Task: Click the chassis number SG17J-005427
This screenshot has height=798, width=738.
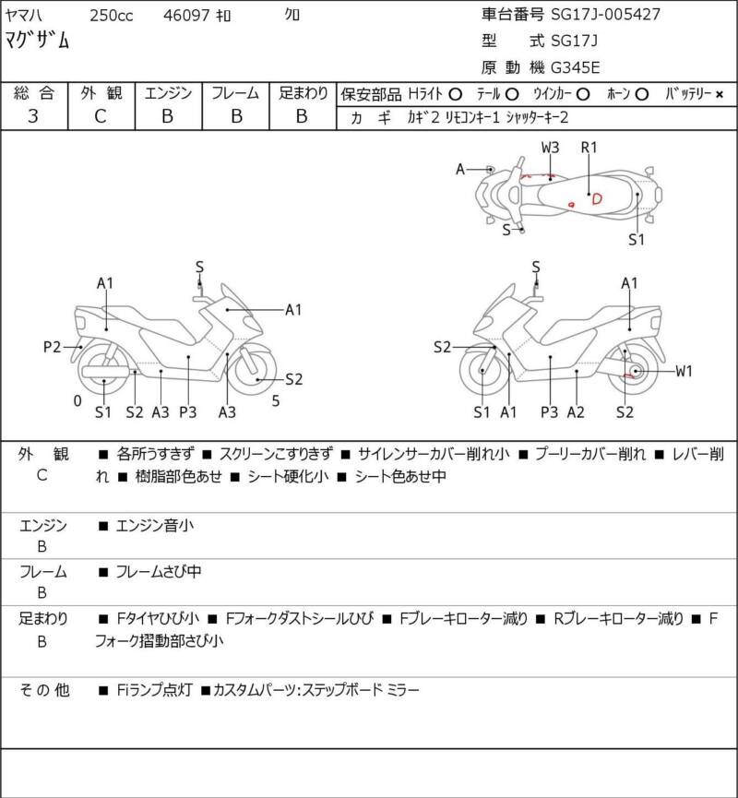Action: [606, 14]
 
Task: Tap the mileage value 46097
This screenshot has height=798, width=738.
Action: [185, 16]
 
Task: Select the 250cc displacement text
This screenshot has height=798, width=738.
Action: [112, 16]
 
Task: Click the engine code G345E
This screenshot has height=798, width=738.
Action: [576, 67]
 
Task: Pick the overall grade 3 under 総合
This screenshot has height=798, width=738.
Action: [33, 116]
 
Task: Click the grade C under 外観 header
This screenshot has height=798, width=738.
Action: [101, 116]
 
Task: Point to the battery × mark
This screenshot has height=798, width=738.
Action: [720, 94]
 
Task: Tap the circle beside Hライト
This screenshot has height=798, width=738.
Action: [455, 94]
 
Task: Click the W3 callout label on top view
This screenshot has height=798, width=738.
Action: [550, 148]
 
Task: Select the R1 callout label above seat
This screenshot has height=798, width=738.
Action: [589, 148]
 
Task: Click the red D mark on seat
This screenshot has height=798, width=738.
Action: [597, 198]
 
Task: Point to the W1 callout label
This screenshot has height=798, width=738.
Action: [684, 372]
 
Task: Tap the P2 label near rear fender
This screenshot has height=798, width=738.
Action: [52, 347]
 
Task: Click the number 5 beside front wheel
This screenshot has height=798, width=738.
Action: [275, 401]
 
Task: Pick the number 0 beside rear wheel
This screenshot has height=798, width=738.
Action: [77, 401]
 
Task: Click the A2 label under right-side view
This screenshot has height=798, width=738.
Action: [576, 412]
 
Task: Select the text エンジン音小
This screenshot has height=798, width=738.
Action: [155, 525]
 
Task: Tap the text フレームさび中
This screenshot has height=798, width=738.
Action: [159, 572]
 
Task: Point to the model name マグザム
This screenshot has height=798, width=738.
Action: [37, 40]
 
